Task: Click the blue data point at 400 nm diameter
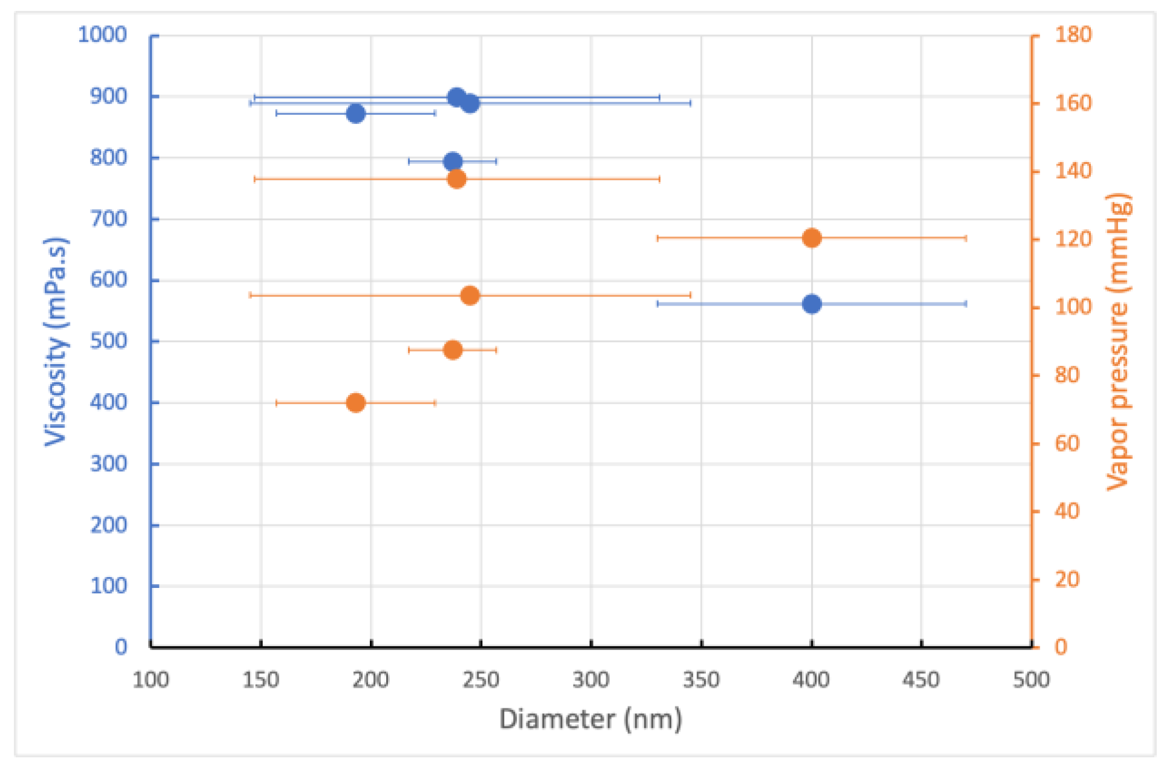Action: [x=812, y=304]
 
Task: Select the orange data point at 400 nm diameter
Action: [x=812, y=238]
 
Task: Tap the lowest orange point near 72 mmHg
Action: [x=356, y=403]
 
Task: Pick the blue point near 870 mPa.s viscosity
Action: [x=356, y=113]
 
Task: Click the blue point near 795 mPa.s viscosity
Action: [x=453, y=162]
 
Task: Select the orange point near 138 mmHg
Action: [x=457, y=179]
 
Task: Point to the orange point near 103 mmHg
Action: [x=470, y=295]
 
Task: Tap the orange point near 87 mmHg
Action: [x=453, y=350]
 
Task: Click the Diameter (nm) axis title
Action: [x=590, y=719]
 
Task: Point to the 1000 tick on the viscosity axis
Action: [x=103, y=34]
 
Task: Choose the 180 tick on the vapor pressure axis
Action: [x=1073, y=34]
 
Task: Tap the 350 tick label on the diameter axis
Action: [x=701, y=680]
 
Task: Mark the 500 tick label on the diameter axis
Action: [x=1031, y=680]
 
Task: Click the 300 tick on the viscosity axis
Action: [x=109, y=464]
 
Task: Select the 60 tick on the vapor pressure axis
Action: [x=1067, y=443]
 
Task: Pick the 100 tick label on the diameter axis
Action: [x=150, y=680]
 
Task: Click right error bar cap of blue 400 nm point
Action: [x=966, y=304]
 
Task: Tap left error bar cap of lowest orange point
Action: [x=277, y=403]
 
